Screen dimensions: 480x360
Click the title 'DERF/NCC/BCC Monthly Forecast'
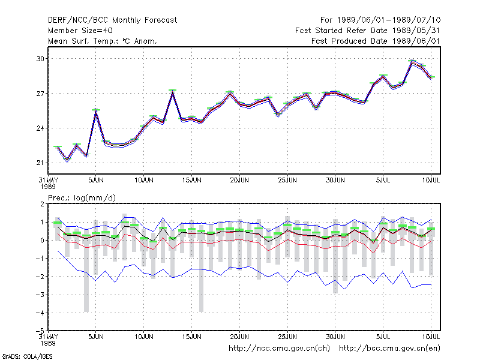112,20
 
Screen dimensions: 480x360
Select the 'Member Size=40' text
80,31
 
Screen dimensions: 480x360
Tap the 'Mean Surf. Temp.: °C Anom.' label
102,41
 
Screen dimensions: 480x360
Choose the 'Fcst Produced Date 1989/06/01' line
376,41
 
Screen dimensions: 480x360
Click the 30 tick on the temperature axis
40,58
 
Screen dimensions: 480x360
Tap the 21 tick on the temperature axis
40,163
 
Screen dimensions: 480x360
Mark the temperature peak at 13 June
173,92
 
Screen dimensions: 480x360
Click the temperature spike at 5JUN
96,111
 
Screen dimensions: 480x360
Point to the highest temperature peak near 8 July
412,62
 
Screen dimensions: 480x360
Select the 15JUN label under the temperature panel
192,180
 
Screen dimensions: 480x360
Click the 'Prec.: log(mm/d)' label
82,198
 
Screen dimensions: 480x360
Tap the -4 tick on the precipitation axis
40,313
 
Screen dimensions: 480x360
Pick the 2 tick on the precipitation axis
42,204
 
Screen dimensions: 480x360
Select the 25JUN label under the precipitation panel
287,337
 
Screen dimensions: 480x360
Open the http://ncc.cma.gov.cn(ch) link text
279,349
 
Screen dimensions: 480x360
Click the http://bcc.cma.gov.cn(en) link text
389,349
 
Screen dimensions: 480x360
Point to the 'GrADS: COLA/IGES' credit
27,356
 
